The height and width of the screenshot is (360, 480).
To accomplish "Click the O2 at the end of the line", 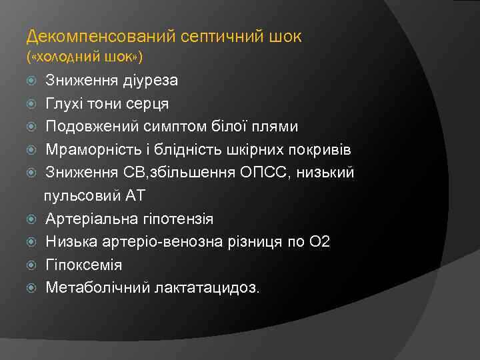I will click(x=319, y=242).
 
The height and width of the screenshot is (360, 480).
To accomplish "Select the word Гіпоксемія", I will click(x=84, y=265).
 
